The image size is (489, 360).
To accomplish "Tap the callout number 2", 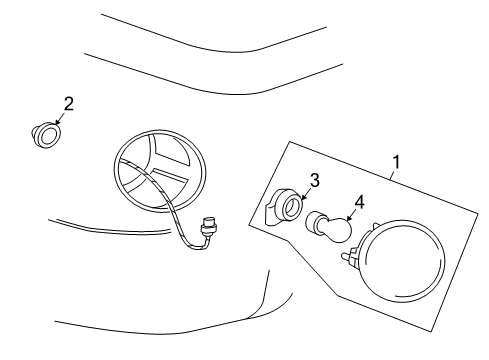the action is pos(69,103).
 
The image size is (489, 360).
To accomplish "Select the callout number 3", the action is pos(314,181).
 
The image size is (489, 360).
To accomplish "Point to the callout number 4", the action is pos(358,201).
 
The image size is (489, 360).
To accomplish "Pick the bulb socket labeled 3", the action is pos(287,205).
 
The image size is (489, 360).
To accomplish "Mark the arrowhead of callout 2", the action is pos(56,121).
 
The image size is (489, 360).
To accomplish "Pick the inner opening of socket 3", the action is pos(291,205).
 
